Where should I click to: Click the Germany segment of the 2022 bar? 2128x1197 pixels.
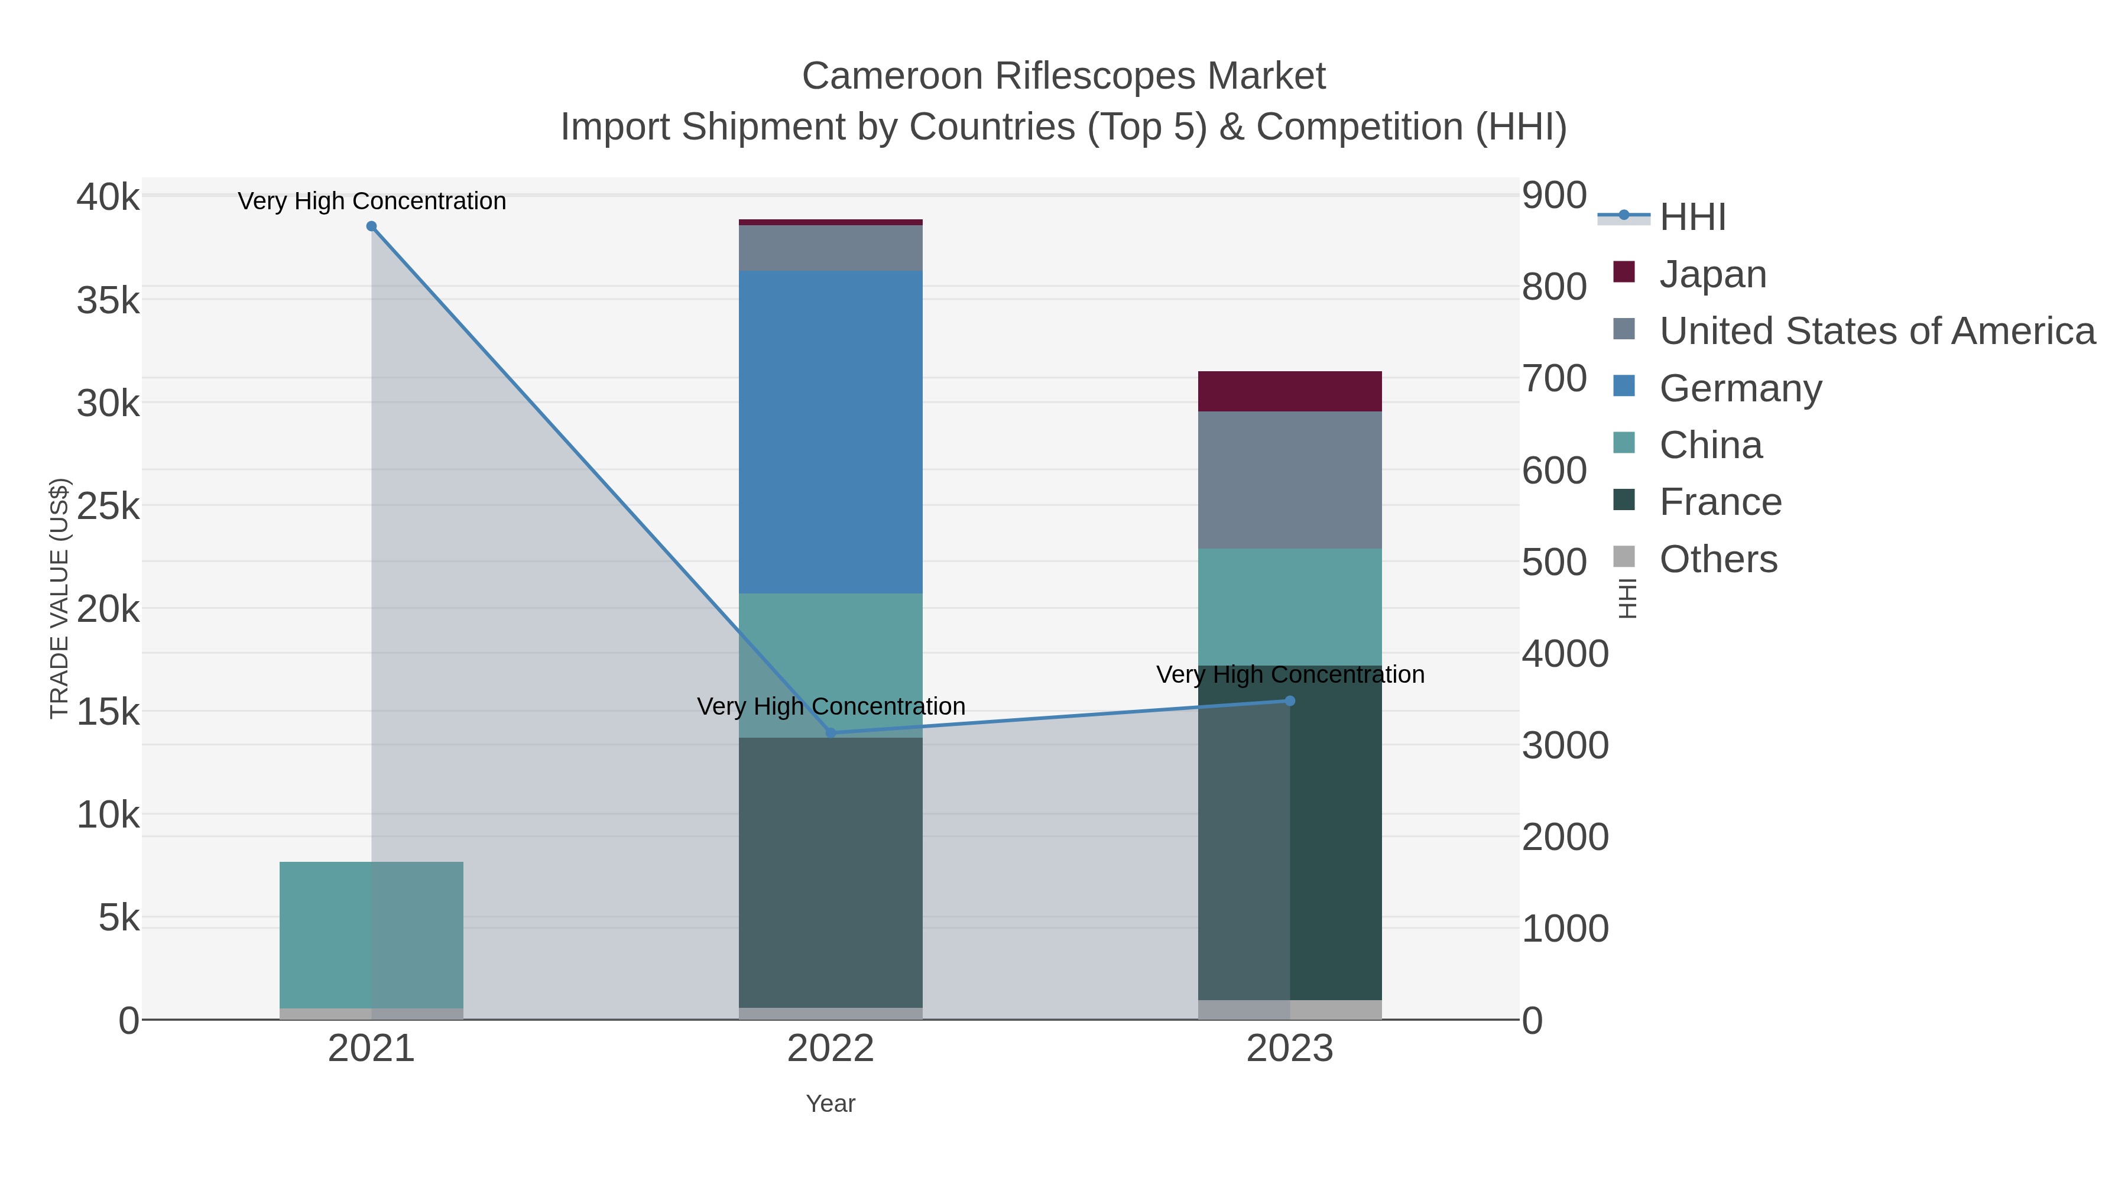(x=831, y=432)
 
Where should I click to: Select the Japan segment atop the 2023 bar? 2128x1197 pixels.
(x=1290, y=391)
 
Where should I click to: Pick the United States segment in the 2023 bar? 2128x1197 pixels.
(x=1290, y=479)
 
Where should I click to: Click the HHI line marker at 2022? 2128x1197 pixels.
(x=831, y=733)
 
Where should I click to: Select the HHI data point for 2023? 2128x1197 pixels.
(x=1290, y=700)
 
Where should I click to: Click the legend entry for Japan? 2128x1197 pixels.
(x=1712, y=274)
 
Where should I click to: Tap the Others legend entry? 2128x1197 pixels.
(x=1717, y=559)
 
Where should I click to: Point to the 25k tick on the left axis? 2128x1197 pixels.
(x=108, y=505)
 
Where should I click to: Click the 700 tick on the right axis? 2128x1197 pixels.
(x=1554, y=378)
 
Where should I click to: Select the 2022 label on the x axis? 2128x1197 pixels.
(x=831, y=1048)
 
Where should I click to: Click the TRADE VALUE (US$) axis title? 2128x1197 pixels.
(x=60, y=598)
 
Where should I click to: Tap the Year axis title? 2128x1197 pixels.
(x=831, y=1103)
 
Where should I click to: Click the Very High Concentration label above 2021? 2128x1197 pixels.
(x=372, y=201)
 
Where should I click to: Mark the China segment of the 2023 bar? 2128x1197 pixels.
(x=1290, y=606)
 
